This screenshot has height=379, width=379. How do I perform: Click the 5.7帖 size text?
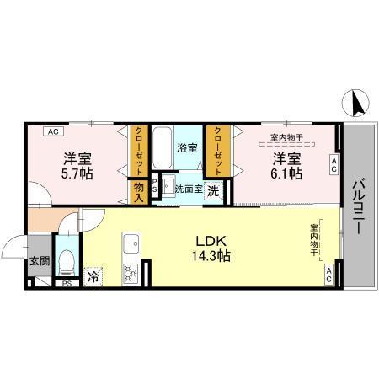pos(75,173)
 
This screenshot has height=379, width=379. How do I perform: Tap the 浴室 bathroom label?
pos(187,147)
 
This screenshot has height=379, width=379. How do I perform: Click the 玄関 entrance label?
pos(38,262)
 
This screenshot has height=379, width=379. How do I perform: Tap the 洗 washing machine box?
pos(215,189)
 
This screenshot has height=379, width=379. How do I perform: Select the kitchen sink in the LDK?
pos(131,247)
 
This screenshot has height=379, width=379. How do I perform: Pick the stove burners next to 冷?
pos(131,274)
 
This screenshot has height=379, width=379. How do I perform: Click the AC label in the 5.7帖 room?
pos(52,131)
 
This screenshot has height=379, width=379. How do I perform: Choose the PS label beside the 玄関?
pos(66,283)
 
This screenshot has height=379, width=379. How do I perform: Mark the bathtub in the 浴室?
pos(164,152)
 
